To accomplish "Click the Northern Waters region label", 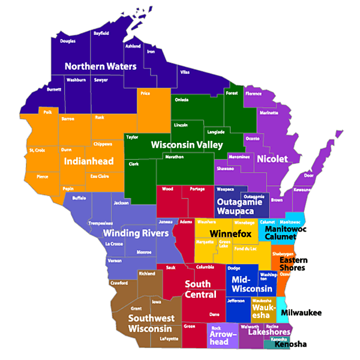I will tap(100, 66).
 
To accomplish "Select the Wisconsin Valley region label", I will tap(187, 145).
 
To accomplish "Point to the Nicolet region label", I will tap(272, 159).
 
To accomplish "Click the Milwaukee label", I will tap(301, 313).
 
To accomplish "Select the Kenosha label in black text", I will tap(290, 344).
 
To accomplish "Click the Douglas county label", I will tap(68, 41).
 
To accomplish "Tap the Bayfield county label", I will tap(101, 34).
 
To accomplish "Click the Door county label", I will tap(308, 176).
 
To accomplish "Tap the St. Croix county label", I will tap(37, 150).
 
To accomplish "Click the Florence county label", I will tap(253, 94).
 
